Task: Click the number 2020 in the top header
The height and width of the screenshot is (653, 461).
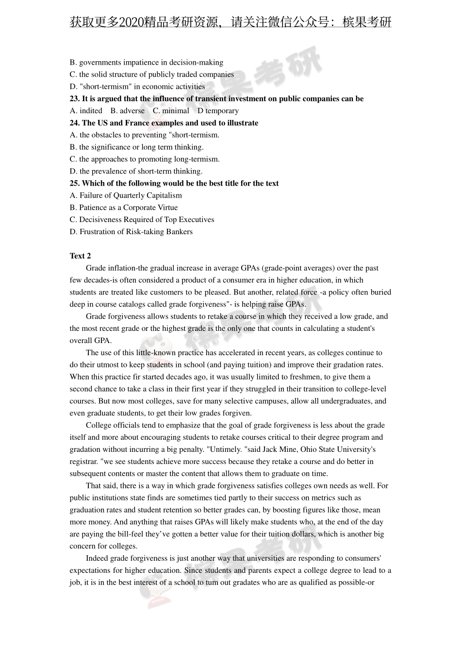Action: (131, 22)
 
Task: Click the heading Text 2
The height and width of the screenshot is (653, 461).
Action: (80, 256)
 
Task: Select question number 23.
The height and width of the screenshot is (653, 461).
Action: (75, 99)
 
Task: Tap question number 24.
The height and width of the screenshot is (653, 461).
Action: (75, 123)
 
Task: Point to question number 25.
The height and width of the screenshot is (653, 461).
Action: (75, 183)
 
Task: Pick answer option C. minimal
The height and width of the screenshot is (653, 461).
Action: (171, 111)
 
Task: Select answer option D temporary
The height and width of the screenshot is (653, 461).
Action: (218, 111)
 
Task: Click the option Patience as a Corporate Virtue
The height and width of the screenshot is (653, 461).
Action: (124, 207)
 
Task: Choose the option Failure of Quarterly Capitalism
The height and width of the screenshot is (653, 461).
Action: (126, 195)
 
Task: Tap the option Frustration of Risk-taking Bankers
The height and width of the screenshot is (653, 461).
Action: (131, 232)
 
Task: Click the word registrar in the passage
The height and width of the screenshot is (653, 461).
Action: (83, 462)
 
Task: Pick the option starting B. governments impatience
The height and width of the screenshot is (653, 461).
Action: (146, 62)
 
